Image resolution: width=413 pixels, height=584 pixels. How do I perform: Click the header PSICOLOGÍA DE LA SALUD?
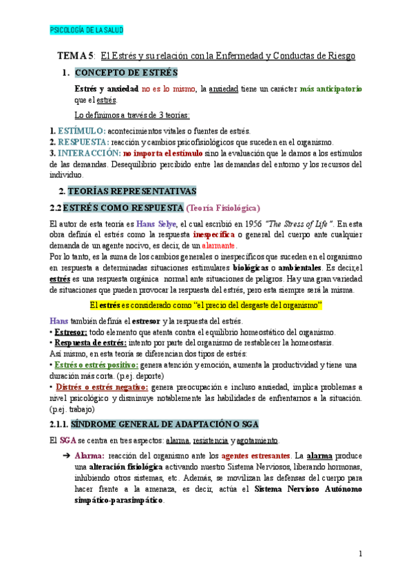[87, 30]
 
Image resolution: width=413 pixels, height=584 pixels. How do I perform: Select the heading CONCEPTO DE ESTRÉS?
[126, 72]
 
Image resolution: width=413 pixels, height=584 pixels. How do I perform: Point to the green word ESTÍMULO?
[81, 131]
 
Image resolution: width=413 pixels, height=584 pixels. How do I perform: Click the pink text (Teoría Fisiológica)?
[222, 207]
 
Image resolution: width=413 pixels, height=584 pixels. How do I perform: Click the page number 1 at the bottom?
[360, 554]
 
